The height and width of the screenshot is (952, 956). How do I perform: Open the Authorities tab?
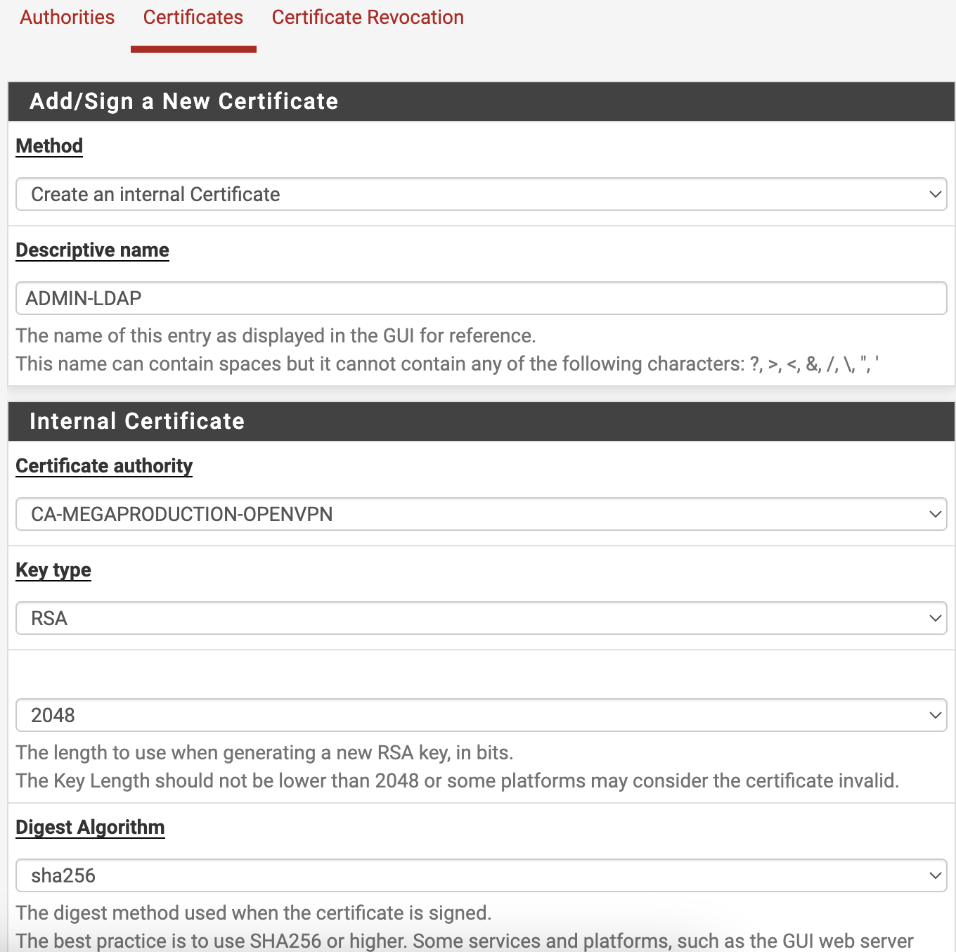[x=67, y=18]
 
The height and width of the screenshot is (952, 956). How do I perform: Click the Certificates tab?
[x=193, y=18]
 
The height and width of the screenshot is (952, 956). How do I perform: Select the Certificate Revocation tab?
[x=368, y=18]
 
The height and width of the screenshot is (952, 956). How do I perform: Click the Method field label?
[x=49, y=146]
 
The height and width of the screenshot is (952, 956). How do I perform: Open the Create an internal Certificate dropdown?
[x=481, y=194]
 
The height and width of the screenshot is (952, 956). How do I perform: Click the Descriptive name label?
[x=92, y=250]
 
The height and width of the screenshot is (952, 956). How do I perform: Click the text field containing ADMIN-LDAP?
[x=481, y=298]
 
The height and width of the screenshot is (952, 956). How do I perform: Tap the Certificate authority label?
[x=104, y=465]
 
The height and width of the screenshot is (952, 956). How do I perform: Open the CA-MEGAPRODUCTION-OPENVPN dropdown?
[x=481, y=514]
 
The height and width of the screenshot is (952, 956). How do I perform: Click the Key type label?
[x=53, y=570]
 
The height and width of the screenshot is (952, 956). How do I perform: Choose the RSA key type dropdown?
[x=481, y=618]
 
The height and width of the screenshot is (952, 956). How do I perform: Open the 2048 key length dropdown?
[x=481, y=715]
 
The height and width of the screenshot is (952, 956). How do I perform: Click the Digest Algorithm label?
[x=90, y=827]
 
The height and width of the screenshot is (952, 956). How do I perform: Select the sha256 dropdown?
[x=481, y=875]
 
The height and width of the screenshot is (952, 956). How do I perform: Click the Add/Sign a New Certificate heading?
[x=183, y=101]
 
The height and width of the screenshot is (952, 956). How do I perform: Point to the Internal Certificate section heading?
[x=137, y=421]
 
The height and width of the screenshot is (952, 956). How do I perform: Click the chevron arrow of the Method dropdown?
[x=935, y=194]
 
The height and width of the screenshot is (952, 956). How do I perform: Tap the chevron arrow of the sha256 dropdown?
[x=935, y=875]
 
